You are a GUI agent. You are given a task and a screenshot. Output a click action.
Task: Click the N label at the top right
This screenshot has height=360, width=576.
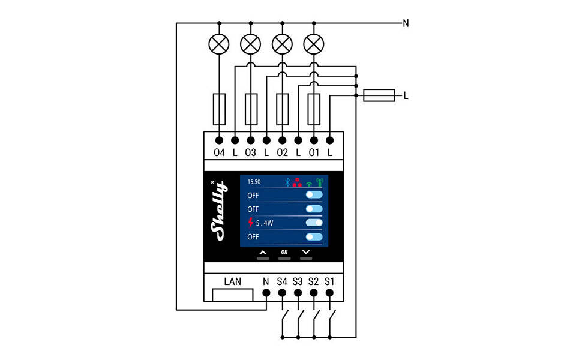pyautogui.click(x=406, y=23)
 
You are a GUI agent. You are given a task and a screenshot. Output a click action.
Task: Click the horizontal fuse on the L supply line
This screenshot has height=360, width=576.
pyautogui.click(x=379, y=95)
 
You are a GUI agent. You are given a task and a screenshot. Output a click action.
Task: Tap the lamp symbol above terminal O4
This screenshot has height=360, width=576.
pyautogui.click(x=219, y=43)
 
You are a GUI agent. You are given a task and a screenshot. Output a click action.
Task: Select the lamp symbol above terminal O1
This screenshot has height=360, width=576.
pyautogui.click(x=314, y=43)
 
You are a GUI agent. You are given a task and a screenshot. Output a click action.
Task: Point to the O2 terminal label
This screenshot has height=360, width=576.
pyautogui.click(x=282, y=152)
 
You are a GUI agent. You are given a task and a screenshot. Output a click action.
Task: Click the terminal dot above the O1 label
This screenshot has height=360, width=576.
pyautogui.click(x=314, y=140)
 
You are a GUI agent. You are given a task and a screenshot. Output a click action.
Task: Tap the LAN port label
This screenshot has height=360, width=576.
pyautogui.click(x=233, y=281)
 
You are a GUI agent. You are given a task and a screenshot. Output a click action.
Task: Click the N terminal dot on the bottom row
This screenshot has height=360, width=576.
pyautogui.click(x=266, y=293)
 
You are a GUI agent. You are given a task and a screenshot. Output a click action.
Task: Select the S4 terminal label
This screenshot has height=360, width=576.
pyautogui.click(x=282, y=281)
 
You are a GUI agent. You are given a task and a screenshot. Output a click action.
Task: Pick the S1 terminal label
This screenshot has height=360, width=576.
pyautogui.click(x=329, y=281)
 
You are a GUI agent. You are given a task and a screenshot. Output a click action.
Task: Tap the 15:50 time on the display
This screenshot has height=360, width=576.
pyautogui.click(x=254, y=181)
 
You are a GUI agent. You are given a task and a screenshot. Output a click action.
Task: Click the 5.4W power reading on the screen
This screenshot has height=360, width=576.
pyautogui.click(x=265, y=223)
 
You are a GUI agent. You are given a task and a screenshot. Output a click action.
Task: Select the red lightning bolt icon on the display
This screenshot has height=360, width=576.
pyautogui.click(x=251, y=223)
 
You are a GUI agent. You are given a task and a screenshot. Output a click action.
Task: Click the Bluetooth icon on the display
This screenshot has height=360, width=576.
pyautogui.click(x=287, y=181)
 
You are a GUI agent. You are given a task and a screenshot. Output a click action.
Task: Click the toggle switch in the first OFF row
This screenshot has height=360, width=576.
pyautogui.click(x=314, y=195)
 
